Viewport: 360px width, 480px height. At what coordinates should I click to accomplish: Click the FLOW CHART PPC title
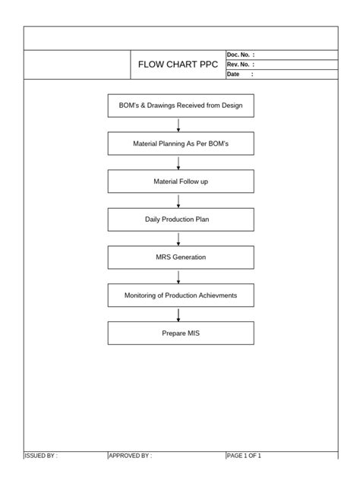pos(178,65)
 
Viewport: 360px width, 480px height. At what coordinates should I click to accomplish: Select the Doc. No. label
pos(240,55)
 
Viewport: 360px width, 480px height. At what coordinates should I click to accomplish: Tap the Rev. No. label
pos(240,65)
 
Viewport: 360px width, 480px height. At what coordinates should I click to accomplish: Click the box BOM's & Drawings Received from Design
pos(181,106)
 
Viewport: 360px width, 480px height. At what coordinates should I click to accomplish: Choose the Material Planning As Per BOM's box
pos(181,144)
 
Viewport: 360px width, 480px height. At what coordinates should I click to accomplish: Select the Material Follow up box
pos(181,182)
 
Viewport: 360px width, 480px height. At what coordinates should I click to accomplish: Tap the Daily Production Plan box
pos(181,219)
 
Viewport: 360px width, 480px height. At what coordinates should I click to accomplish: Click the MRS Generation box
pos(181,257)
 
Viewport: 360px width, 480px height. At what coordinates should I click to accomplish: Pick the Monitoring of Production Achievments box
pos(181,295)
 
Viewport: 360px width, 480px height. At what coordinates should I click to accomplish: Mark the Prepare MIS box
pos(181,333)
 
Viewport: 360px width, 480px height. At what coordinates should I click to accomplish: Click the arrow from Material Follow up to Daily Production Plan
pos(178,201)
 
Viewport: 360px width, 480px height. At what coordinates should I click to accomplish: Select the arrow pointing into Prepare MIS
pos(178,314)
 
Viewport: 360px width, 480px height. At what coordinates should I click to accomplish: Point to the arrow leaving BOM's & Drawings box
pos(178,125)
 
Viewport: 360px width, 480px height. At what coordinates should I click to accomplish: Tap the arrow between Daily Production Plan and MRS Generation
pos(178,238)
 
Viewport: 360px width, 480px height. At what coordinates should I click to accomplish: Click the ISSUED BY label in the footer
pos(41,456)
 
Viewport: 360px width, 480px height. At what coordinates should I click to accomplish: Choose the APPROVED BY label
pos(130,456)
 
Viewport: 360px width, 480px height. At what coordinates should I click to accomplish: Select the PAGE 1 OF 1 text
pos(244,456)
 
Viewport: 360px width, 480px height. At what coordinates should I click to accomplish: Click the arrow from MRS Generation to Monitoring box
pos(178,276)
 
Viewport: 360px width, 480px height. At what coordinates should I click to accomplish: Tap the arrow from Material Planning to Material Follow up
pos(178,163)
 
